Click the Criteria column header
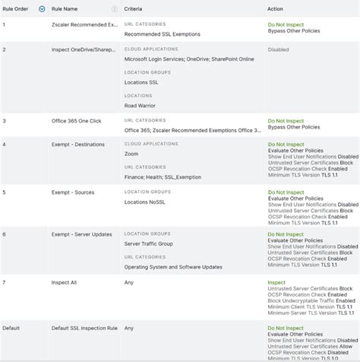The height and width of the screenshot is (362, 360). [x=134, y=9]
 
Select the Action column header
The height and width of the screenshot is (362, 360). [x=275, y=9]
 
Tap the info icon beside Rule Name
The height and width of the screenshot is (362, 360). [x=115, y=9]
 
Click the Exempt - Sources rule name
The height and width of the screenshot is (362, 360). [x=69, y=193]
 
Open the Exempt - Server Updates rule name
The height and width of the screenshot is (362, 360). [x=77, y=234]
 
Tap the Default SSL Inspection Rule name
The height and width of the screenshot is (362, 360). [x=80, y=328]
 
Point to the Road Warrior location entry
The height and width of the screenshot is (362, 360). [x=140, y=106]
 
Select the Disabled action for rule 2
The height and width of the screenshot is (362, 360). [x=279, y=49]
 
